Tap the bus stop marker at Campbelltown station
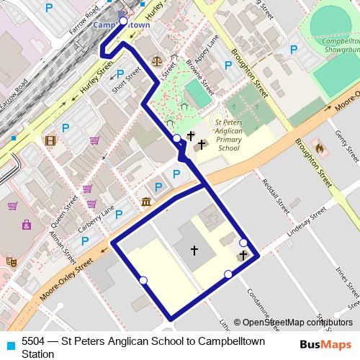[x=123, y=22]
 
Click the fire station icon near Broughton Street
[x=320, y=168]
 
